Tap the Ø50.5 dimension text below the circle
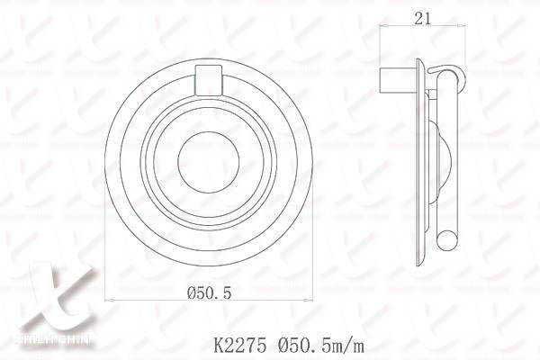[211, 292]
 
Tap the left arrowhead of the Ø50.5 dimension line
[109, 300]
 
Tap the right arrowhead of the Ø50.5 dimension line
[313, 300]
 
